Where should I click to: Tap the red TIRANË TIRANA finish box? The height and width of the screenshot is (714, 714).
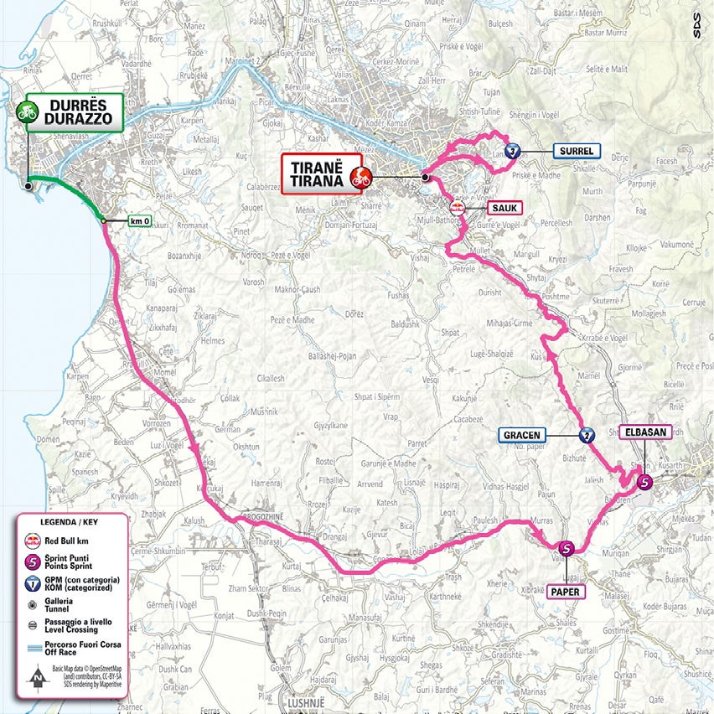[321, 173]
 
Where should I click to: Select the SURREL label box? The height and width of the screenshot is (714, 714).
[576, 152]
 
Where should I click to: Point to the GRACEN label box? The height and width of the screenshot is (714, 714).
[523, 435]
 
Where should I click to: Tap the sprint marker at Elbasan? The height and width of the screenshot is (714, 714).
[644, 482]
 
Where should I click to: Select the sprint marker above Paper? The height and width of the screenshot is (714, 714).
[567, 550]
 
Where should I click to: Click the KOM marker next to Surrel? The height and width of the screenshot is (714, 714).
[514, 152]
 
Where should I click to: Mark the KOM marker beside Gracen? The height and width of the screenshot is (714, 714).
[587, 435]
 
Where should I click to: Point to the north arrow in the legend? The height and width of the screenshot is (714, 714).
[35, 675]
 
